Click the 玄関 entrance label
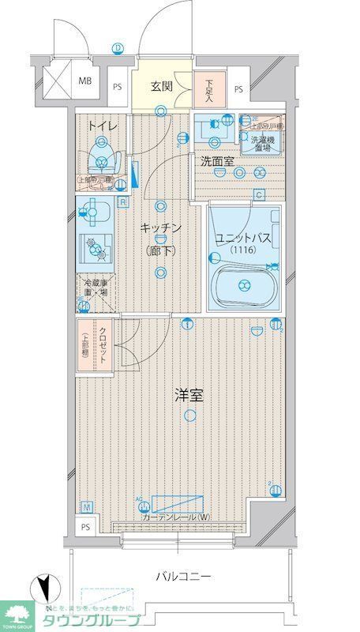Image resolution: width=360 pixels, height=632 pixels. point(162,87)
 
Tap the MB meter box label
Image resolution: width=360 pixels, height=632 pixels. point(84,81)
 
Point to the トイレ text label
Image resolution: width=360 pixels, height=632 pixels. point(102,125)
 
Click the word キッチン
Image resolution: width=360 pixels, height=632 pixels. point(161,228)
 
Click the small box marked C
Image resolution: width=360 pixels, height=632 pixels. point(257,195)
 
